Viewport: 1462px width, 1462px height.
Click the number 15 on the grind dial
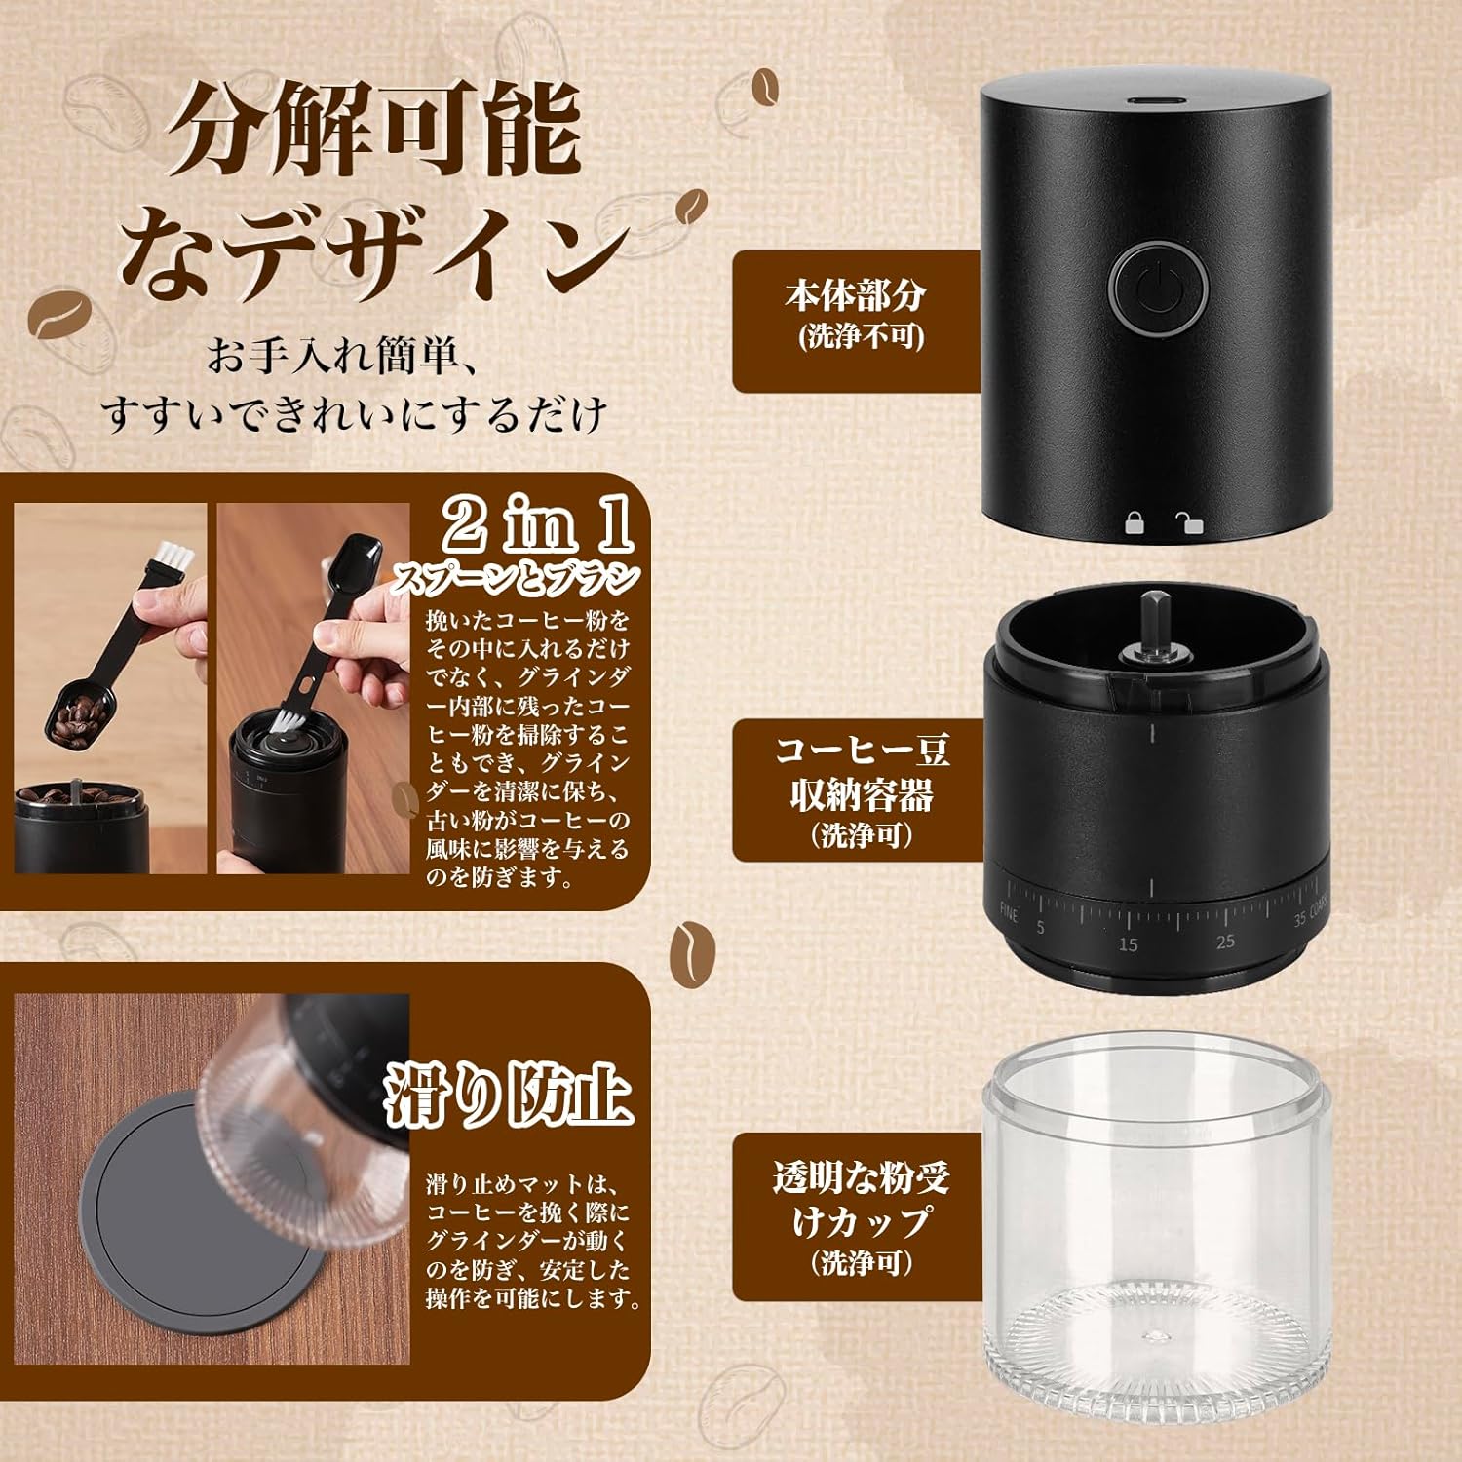coord(1128,943)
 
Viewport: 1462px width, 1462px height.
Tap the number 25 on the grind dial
coord(1225,941)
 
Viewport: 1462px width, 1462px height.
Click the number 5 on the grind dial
coord(1041,927)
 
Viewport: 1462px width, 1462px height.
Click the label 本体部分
coord(856,294)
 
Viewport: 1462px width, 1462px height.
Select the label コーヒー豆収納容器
coord(862,773)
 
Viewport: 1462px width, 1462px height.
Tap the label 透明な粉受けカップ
coord(862,1200)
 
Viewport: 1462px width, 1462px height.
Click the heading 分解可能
coord(376,131)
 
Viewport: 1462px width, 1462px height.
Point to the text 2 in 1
coord(539,526)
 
